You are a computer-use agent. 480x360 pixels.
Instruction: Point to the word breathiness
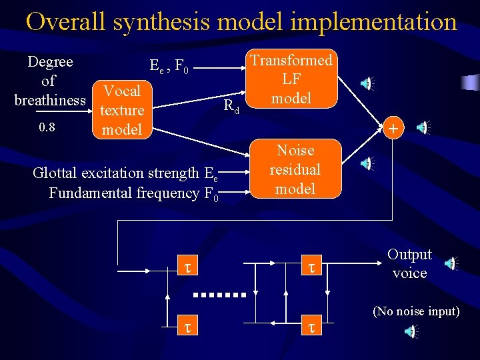click(x=50, y=100)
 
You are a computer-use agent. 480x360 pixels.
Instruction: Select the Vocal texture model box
click(x=123, y=110)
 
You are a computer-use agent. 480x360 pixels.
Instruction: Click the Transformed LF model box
click(x=291, y=79)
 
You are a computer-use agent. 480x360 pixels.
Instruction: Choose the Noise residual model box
click(x=295, y=169)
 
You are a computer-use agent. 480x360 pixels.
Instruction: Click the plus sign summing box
click(x=393, y=127)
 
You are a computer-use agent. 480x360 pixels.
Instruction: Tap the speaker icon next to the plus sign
click(x=423, y=127)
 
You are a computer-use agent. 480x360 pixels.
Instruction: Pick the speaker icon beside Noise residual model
click(x=368, y=162)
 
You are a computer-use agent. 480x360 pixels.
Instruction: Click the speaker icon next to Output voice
click(x=453, y=264)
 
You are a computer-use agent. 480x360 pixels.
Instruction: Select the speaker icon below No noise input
click(x=413, y=331)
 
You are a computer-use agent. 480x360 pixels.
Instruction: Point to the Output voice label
click(x=409, y=264)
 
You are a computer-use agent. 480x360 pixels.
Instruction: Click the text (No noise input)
click(x=416, y=311)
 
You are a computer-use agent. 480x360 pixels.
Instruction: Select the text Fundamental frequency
click(x=124, y=193)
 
